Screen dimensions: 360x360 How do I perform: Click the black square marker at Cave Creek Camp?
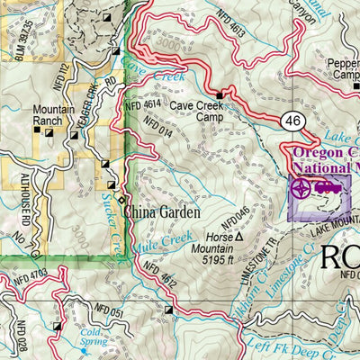point(219,94)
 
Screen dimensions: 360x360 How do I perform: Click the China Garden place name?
point(158,213)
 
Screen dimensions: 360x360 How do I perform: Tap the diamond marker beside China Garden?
point(120,200)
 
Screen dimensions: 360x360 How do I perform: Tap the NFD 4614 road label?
point(141,105)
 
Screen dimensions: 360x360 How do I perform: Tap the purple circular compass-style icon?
point(301,189)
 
